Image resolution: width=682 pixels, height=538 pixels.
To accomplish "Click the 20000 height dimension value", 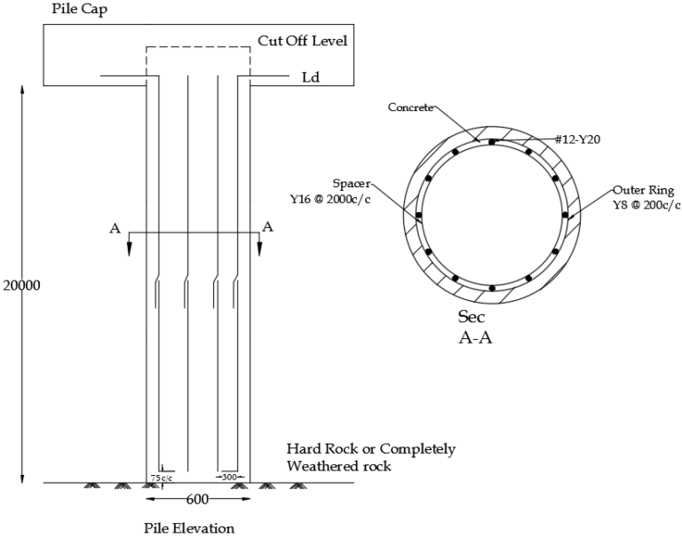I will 22,286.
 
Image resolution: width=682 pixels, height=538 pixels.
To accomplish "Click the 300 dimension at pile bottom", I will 228,476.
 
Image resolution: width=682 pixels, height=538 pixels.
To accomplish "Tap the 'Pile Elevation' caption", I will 189,528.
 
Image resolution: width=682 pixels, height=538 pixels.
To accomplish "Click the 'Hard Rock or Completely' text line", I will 370,449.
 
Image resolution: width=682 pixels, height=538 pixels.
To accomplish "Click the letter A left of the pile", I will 114,228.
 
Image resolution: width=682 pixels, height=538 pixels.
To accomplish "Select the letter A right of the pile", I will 266,228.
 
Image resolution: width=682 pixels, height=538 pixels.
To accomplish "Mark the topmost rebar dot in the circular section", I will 491,141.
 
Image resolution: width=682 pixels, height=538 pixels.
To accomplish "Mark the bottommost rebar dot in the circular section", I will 491,288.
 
